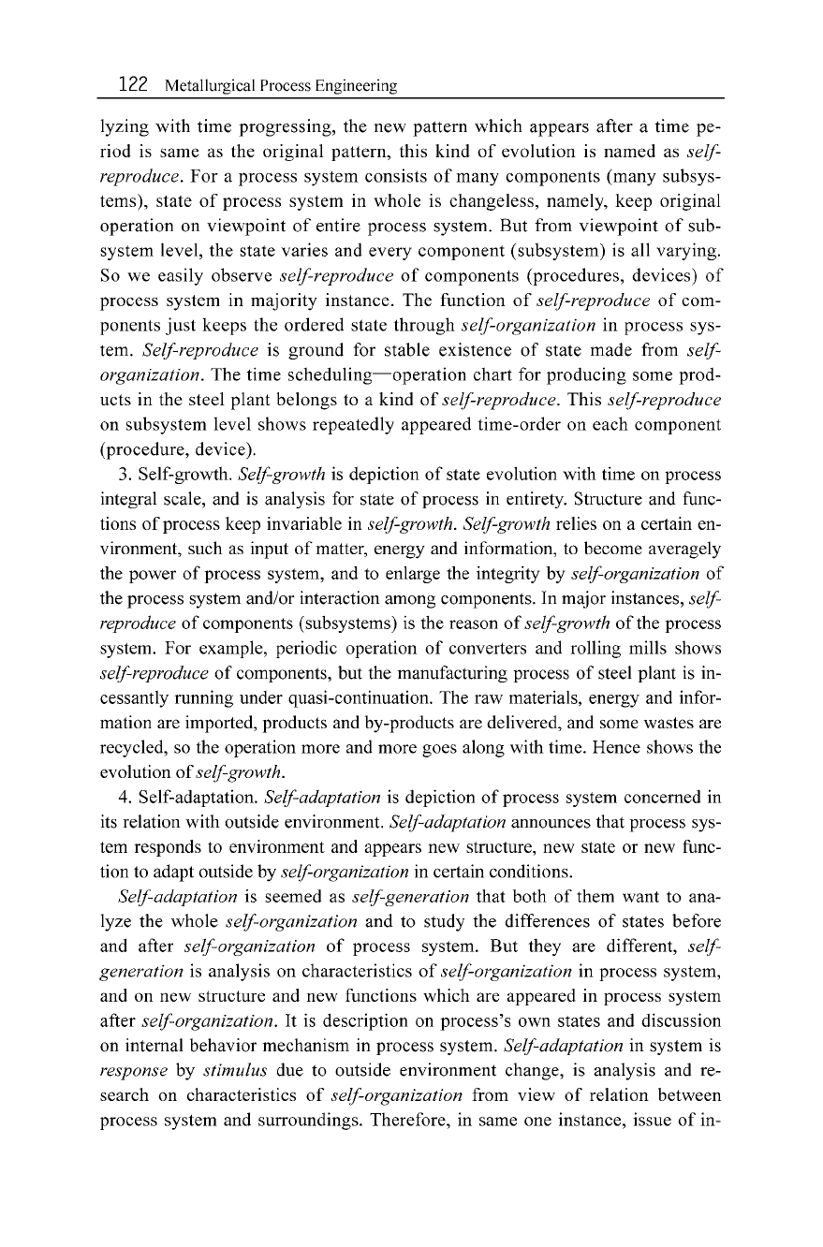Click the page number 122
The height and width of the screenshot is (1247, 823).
point(133,85)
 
